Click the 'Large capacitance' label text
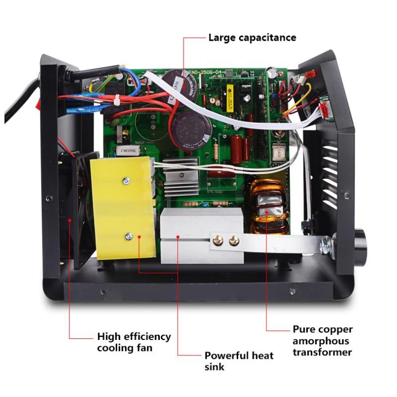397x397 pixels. click(252, 37)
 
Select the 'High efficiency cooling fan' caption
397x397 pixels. click(134, 342)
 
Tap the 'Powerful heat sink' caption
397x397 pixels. click(239, 361)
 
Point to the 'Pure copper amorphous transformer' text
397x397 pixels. click(323, 341)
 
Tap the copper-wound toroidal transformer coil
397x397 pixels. click(268, 206)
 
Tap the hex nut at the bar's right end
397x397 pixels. click(326, 243)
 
